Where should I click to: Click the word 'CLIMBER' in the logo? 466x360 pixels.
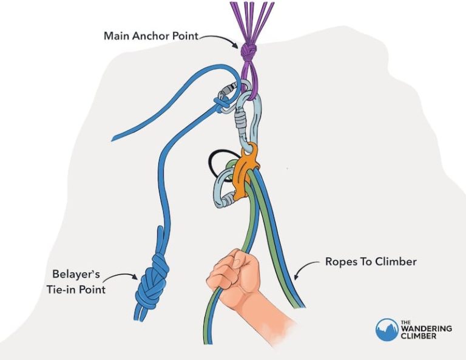point(418,337)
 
